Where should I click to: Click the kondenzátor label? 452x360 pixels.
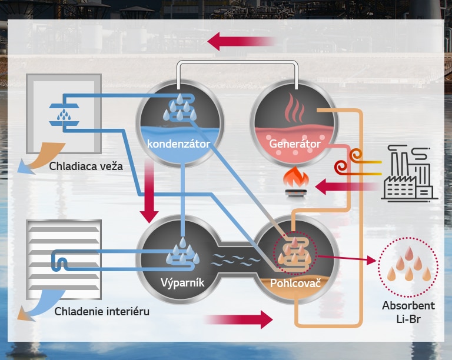point(179,143)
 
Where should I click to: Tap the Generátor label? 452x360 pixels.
point(294,144)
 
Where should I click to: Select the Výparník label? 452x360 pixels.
point(182,282)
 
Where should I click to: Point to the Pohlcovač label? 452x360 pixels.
point(294,283)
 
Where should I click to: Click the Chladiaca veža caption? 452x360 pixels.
point(86,166)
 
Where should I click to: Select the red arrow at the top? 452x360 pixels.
point(241,41)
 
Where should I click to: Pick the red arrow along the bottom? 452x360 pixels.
point(238,319)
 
